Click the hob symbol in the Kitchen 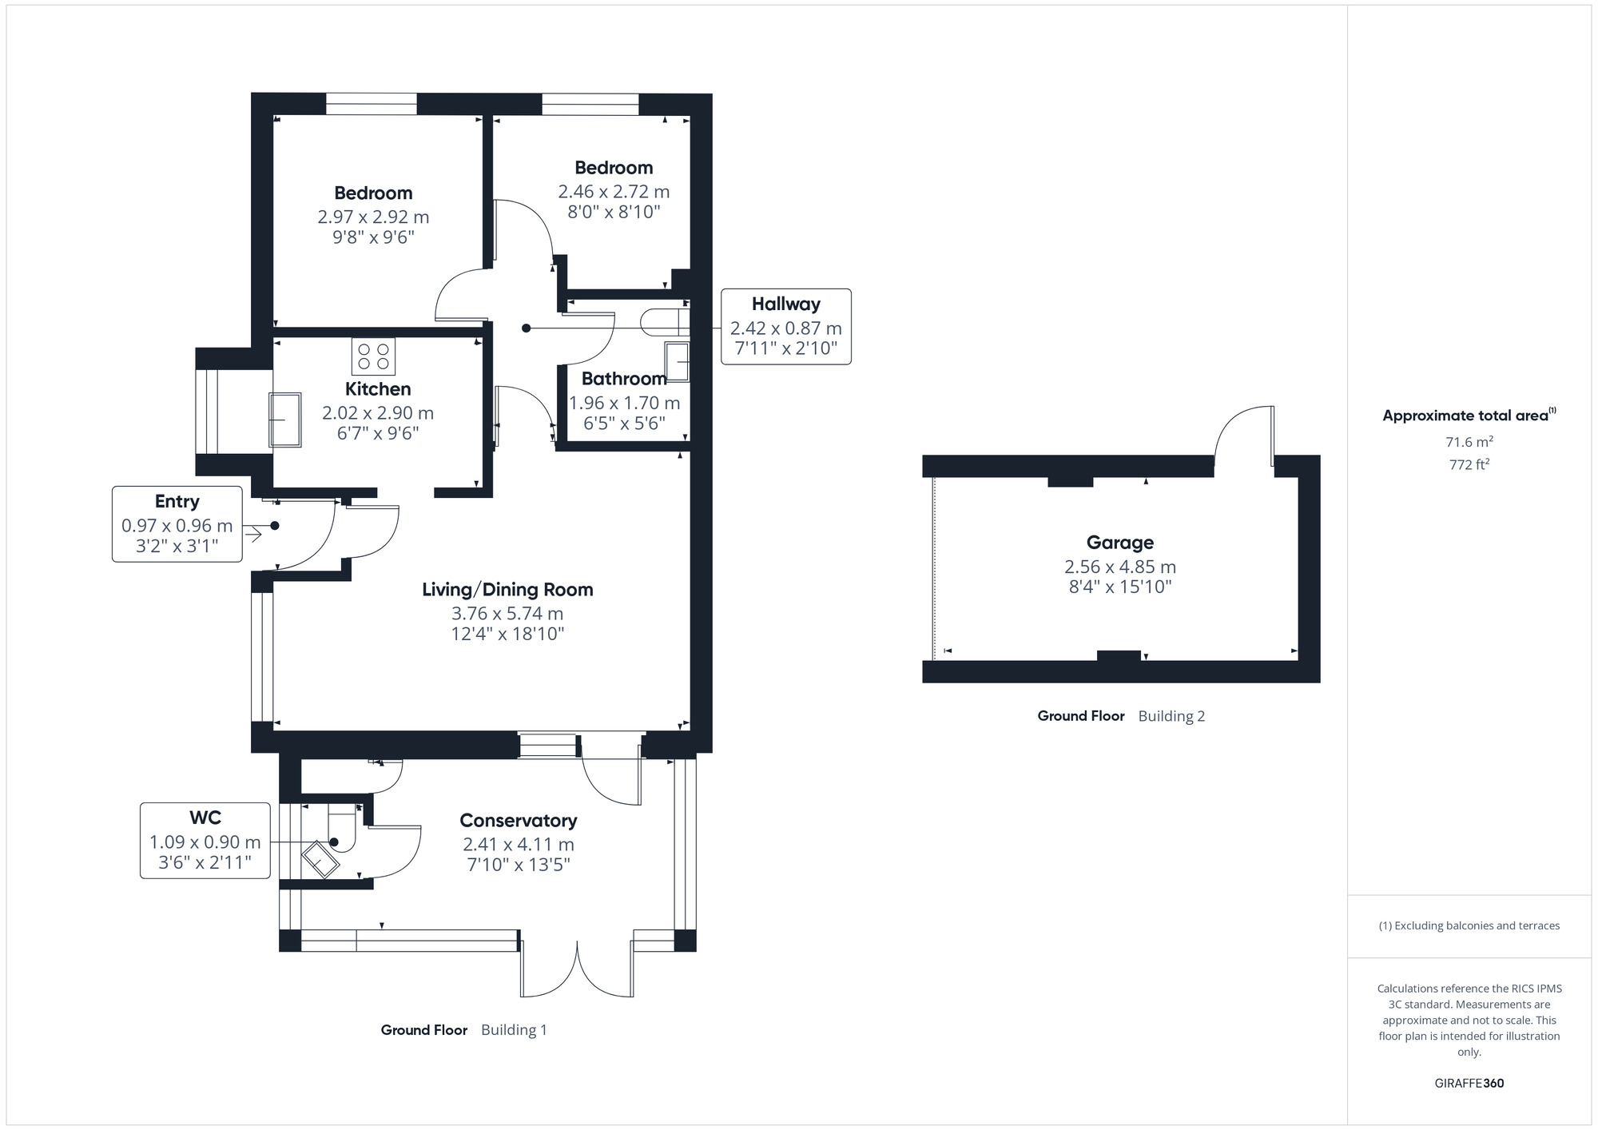click(373, 356)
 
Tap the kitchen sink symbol click(284, 419)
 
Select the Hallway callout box click(785, 327)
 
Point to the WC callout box click(205, 841)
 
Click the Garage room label click(1119, 543)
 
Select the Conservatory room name click(518, 821)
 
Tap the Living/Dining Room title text click(507, 590)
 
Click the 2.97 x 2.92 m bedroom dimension click(373, 217)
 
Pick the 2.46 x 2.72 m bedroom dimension click(614, 192)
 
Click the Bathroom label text click(623, 379)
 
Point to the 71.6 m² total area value click(1469, 441)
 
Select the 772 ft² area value click(1469, 464)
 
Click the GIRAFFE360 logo click(1469, 1084)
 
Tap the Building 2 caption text click(1171, 716)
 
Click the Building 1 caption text click(514, 1030)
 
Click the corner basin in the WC click(320, 860)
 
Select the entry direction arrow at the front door click(253, 534)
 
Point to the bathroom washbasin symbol click(677, 362)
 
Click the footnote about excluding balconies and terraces click(1469, 925)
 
